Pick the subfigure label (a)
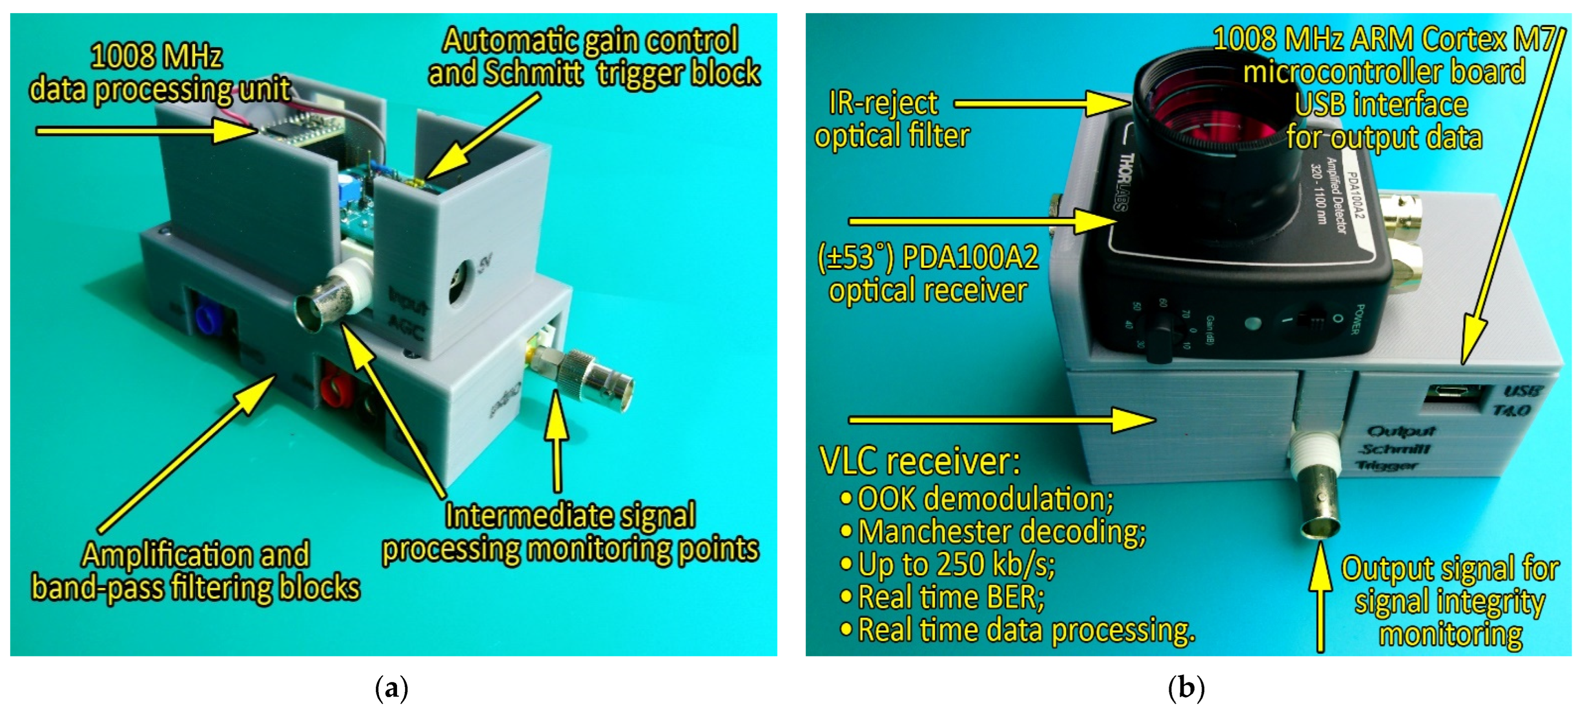tap(391, 687)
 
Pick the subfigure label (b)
tap(1186, 687)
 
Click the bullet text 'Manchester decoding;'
tap(1001, 531)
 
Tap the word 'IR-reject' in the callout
tap(883, 103)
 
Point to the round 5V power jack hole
tap(459, 280)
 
